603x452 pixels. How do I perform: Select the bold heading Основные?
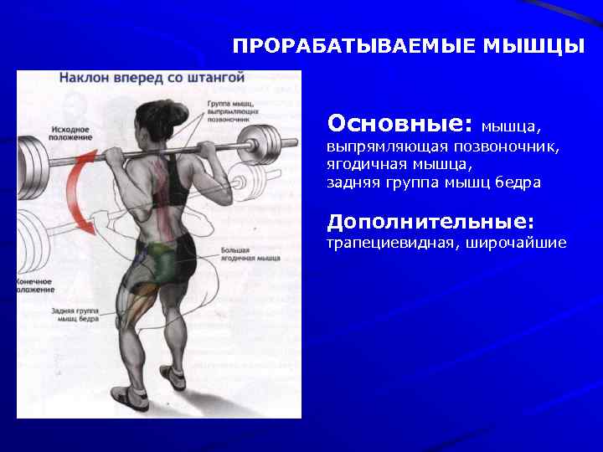click(400, 124)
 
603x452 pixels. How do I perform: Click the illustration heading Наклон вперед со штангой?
click(152, 78)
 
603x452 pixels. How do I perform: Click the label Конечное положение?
click(36, 285)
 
